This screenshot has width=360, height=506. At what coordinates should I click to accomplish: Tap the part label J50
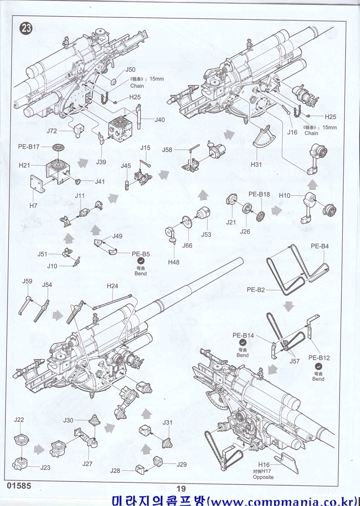pos(130,70)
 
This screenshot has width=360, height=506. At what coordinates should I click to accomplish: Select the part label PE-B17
pos(29,146)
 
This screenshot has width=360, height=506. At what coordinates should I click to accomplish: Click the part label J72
pos(52,131)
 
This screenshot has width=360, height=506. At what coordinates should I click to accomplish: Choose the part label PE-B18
pos(259,194)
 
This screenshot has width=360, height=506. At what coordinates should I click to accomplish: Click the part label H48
pos(173,262)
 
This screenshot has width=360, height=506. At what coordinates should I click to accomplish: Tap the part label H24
pos(113,286)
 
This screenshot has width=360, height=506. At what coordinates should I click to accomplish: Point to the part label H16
pos(264,465)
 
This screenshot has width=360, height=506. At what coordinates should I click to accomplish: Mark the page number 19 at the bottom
pos(180,489)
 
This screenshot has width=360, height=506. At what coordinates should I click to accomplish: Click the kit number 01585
pos(19,486)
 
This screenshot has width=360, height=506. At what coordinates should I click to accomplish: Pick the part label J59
pos(27,281)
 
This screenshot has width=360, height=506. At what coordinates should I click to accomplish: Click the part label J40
pos(160,120)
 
